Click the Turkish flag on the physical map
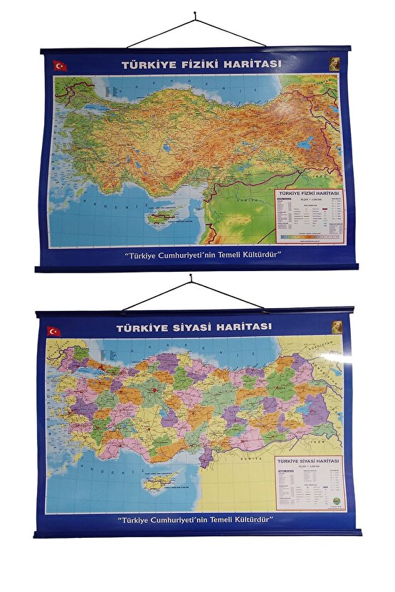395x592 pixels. (x=60, y=65)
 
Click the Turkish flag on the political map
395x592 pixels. (x=53, y=331)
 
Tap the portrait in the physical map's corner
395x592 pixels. (x=334, y=63)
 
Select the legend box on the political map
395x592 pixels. (x=310, y=482)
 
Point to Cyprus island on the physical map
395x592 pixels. (x=165, y=214)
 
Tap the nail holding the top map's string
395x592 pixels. (x=196, y=15)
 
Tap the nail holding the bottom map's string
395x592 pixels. (x=191, y=282)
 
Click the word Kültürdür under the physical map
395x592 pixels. (x=253, y=254)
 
